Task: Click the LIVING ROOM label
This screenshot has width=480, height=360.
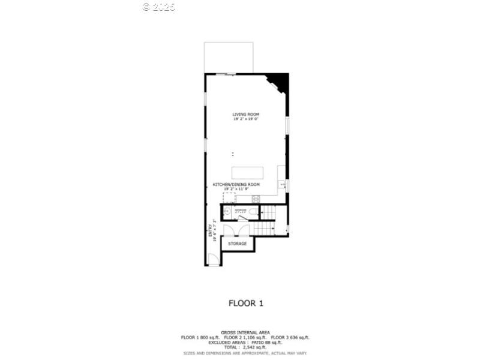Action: [247, 114]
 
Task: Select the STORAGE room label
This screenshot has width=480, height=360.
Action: [237, 244]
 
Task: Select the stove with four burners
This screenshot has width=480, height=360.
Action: [256, 198]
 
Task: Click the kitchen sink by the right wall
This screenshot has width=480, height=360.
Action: [282, 184]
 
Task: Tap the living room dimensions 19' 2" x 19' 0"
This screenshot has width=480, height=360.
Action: [247, 119]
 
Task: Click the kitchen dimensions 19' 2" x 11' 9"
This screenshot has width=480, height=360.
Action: [237, 189]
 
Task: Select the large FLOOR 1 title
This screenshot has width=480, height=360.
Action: [246, 303]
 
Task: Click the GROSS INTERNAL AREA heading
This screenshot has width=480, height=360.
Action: [245, 332]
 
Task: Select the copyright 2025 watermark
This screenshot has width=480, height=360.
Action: [159, 7]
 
